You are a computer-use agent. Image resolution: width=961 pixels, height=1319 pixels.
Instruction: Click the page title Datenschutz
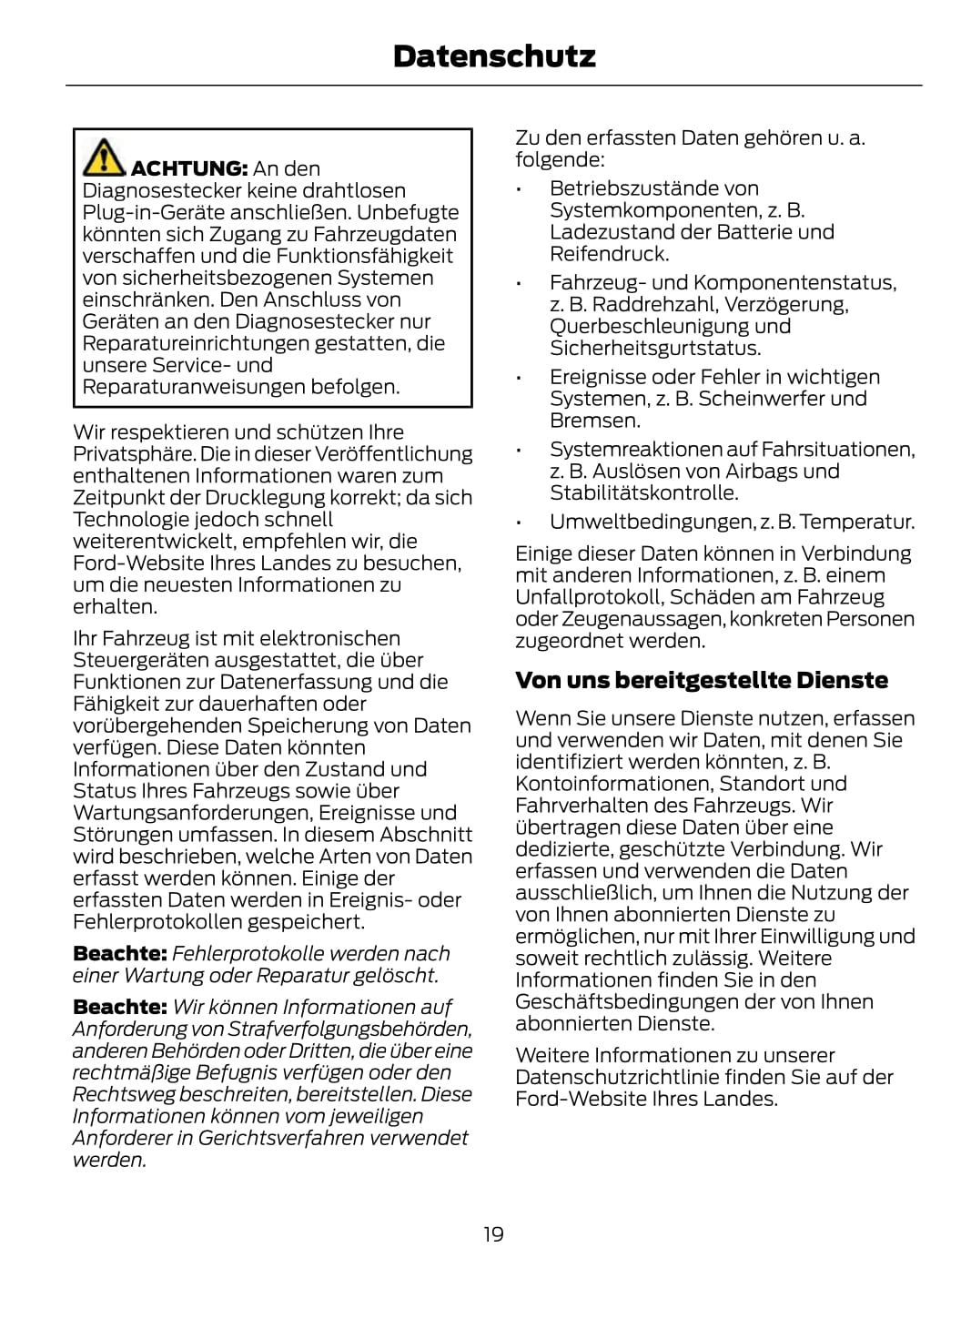pyautogui.click(x=494, y=56)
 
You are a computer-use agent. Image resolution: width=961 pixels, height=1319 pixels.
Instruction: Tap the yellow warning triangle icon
pyautogui.click(x=104, y=157)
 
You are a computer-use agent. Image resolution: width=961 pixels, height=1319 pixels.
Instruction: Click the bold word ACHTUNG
pyautogui.click(x=189, y=168)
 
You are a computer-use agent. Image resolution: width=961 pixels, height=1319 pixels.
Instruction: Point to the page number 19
pyautogui.click(x=493, y=1234)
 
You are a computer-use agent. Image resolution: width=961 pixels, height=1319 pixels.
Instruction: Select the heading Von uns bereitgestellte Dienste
pyautogui.click(x=701, y=680)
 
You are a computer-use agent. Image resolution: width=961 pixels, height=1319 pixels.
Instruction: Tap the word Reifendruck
pyautogui.click(x=609, y=254)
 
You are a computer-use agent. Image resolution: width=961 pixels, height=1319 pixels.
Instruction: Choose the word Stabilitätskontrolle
pyautogui.click(x=643, y=493)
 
